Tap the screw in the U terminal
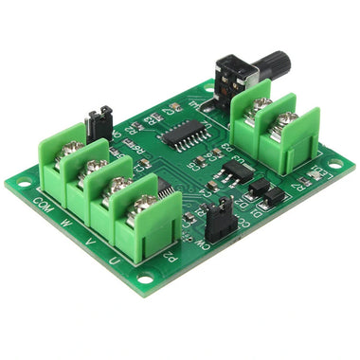144,202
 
